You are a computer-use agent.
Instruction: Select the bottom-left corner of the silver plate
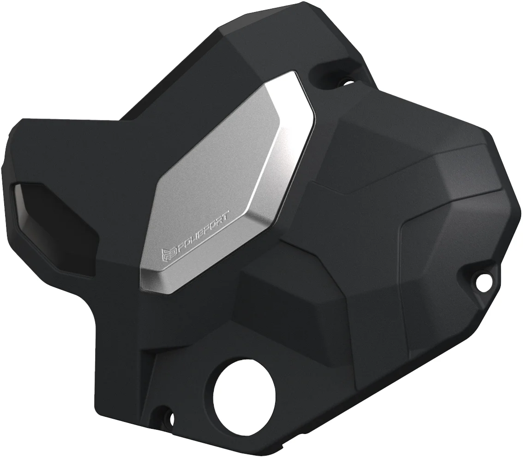click(141, 277)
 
